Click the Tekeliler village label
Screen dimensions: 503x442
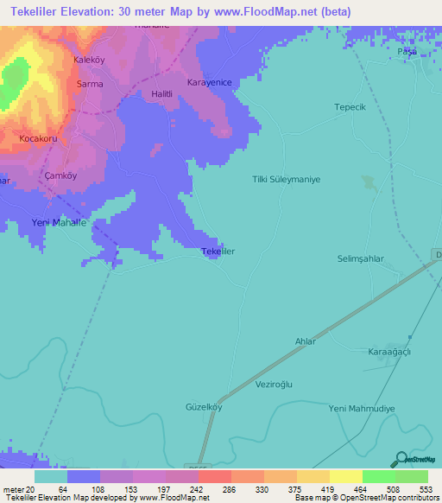[218, 251]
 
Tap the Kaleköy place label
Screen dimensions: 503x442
[90, 60]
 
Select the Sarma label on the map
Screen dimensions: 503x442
[90, 84]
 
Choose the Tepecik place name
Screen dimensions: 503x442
[351, 107]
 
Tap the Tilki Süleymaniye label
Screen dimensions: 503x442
[286, 179]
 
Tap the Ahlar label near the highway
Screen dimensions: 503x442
[306, 342]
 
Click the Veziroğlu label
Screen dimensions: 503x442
[276, 384]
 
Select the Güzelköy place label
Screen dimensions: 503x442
[204, 407]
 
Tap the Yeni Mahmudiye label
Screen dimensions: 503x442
[362, 408]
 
